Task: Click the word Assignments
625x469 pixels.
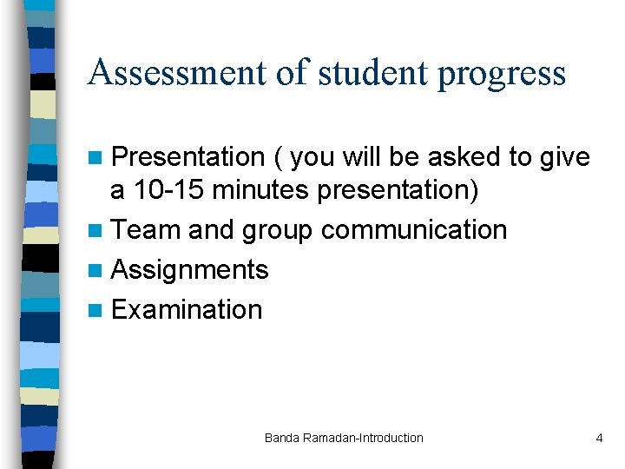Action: [190, 270]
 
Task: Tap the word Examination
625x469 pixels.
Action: [187, 310]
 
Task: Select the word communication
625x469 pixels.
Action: [414, 230]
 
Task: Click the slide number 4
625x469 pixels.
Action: [599, 438]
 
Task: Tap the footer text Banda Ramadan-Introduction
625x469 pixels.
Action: [344, 438]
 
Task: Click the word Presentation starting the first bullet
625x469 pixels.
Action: [188, 157]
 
